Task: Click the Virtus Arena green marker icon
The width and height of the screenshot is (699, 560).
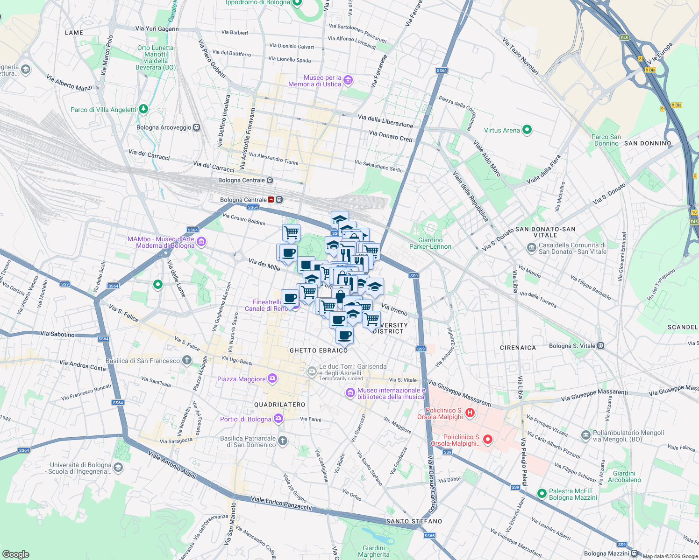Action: [x=527, y=130]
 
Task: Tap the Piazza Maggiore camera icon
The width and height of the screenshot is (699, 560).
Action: [x=272, y=378]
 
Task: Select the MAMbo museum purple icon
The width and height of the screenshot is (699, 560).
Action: [x=201, y=242]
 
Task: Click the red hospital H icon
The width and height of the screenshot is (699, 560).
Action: [x=470, y=413]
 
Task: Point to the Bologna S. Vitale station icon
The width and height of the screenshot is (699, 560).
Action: [x=601, y=346]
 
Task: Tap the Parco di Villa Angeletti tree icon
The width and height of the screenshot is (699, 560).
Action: [x=143, y=109]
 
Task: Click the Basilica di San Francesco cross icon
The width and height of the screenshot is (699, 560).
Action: [x=187, y=360]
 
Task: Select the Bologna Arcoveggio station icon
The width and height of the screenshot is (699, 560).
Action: [x=197, y=127]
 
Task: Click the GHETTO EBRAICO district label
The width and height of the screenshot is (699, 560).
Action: [x=319, y=350]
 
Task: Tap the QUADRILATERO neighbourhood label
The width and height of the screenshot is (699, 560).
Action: [x=279, y=405]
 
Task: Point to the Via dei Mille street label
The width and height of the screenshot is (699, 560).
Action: [x=264, y=265]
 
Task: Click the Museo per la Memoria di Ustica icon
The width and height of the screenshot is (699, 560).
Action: [x=348, y=81]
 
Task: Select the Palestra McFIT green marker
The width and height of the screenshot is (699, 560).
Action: [x=542, y=493]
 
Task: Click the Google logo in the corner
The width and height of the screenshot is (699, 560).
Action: [x=15, y=554]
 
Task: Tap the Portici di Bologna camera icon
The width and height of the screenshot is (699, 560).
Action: [x=278, y=418]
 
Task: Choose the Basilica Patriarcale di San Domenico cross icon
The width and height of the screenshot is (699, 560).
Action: [x=282, y=441]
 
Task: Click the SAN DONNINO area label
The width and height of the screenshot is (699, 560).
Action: [x=648, y=143]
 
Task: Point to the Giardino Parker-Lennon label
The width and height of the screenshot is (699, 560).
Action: [x=430, y=243]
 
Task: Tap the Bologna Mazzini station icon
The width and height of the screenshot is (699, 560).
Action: [x=634, y=553]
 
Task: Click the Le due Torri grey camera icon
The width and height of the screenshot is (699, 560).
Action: [x=312, y=371]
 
